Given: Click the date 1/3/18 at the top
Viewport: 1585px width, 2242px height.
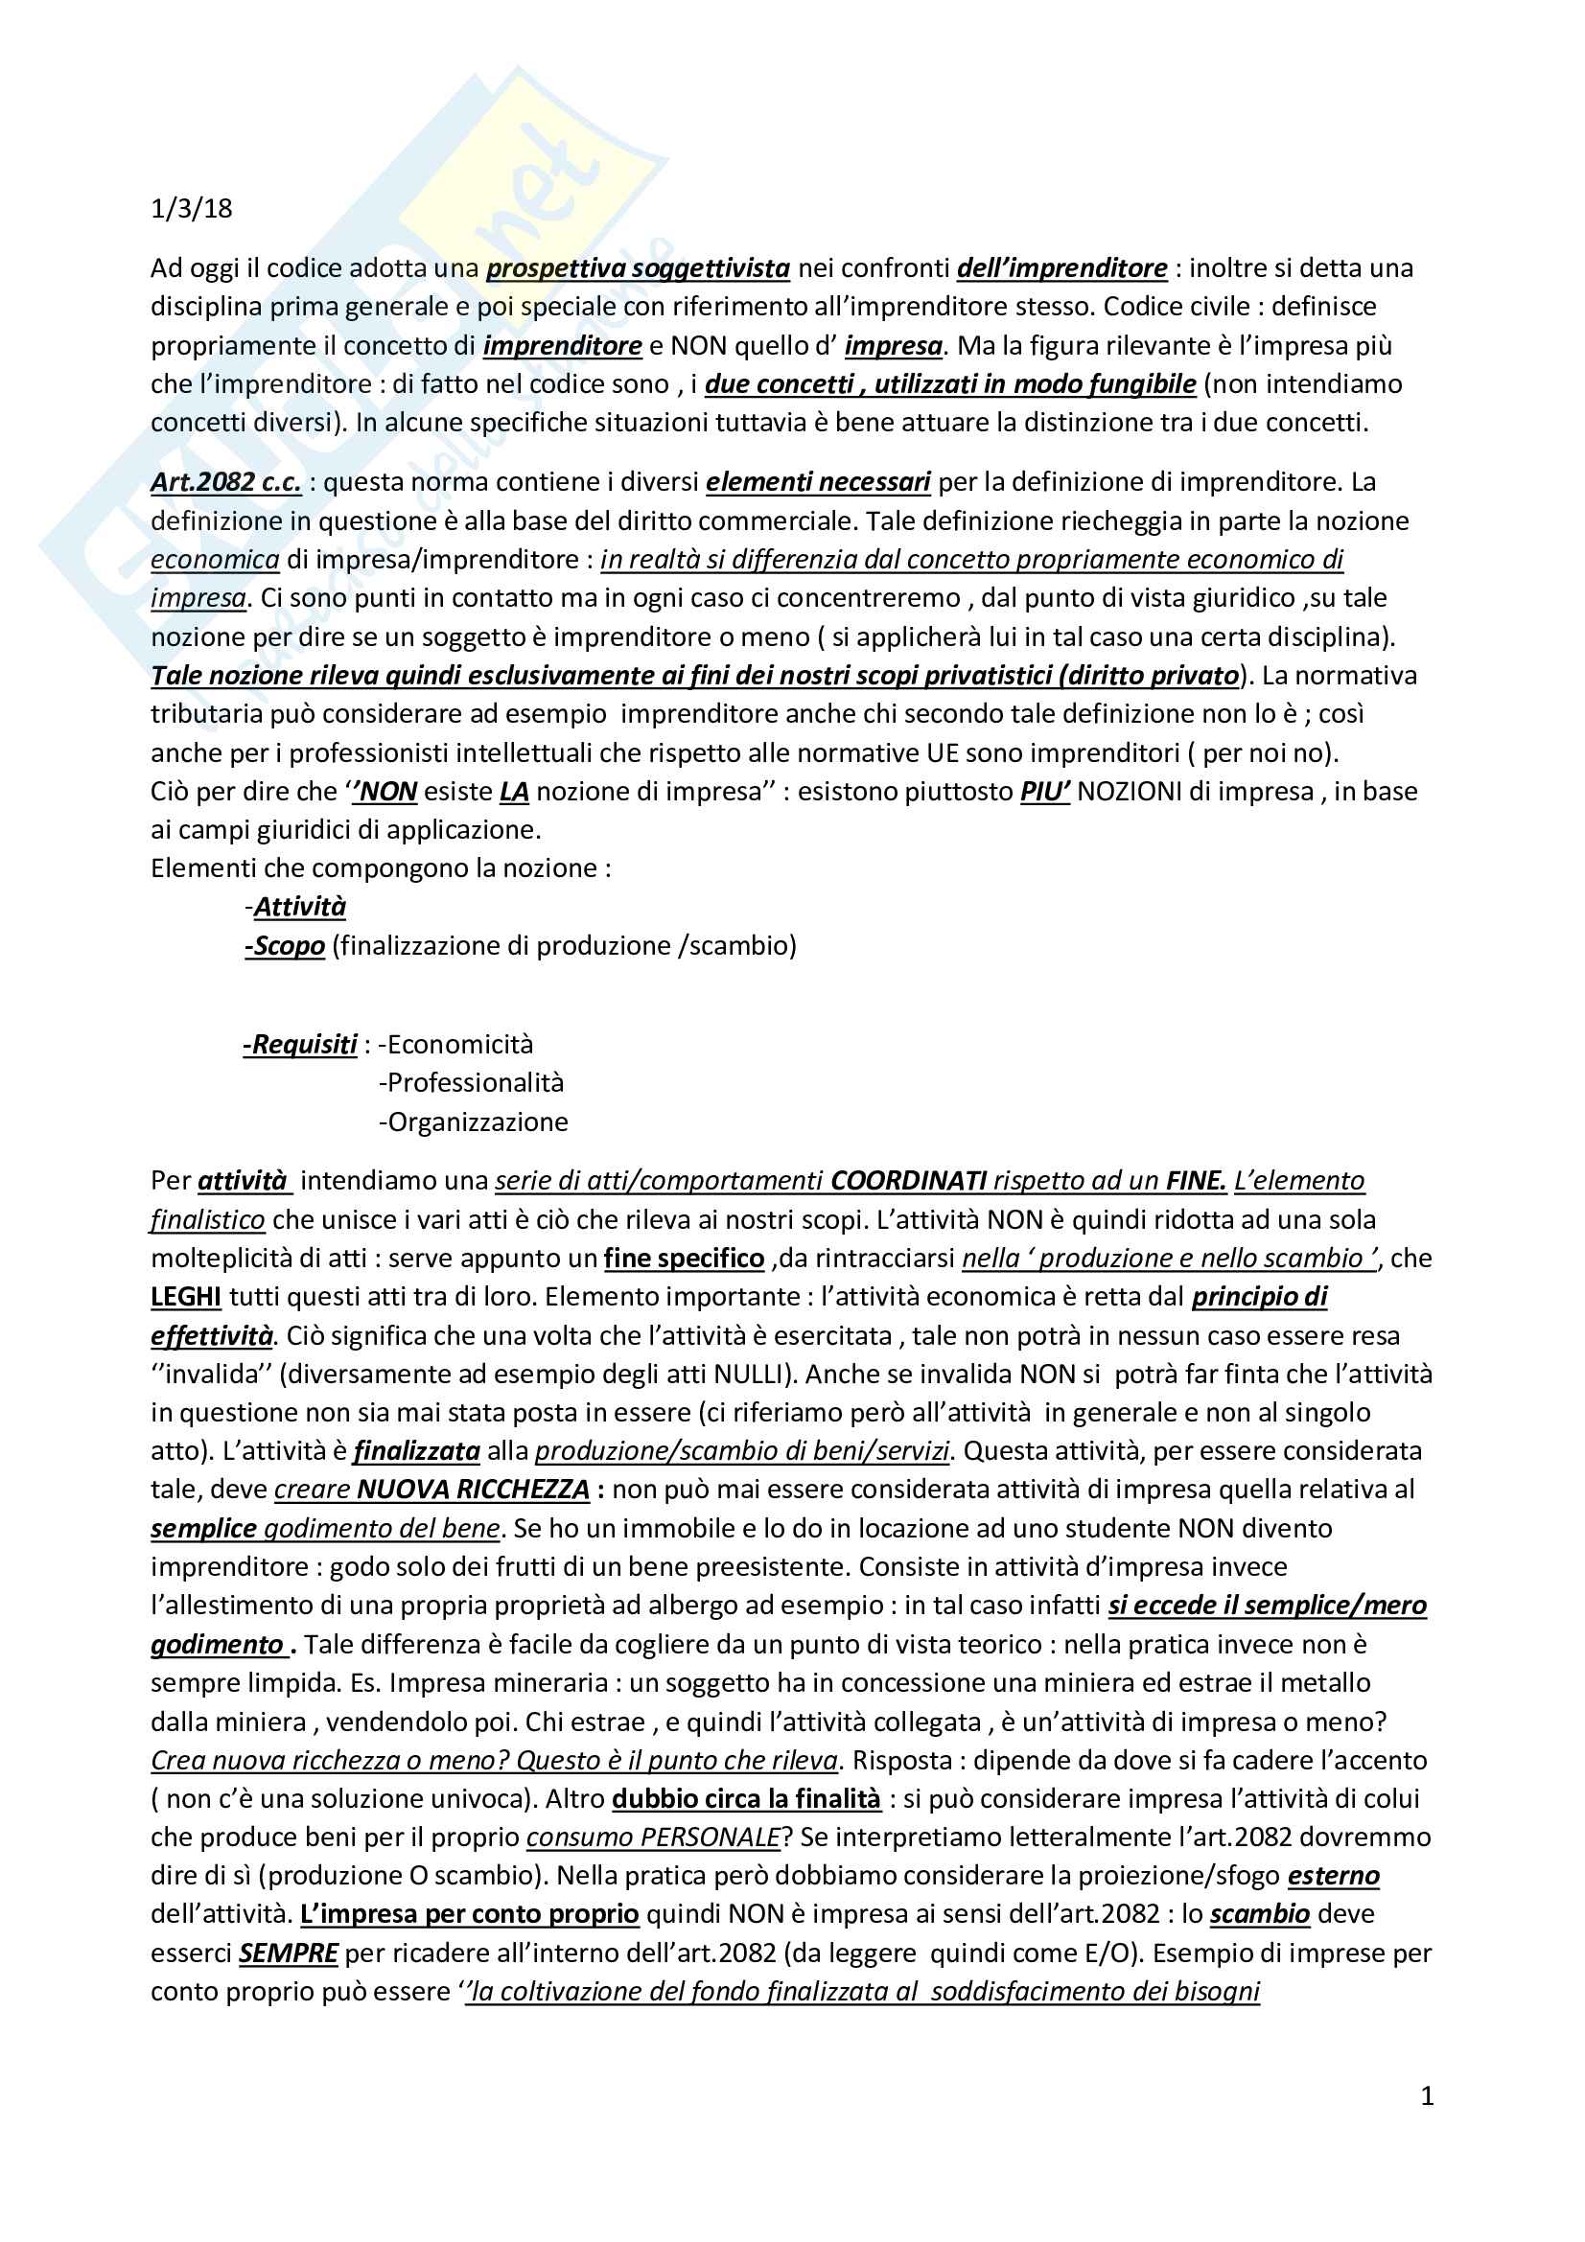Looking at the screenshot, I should tap(192, 209).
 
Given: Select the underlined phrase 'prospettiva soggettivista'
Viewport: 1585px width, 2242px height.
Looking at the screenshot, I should tap(638, 267).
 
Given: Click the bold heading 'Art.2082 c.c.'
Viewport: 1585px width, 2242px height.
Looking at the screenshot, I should tap(225, 481).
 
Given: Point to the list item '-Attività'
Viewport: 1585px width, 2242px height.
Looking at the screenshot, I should tap(297, 907).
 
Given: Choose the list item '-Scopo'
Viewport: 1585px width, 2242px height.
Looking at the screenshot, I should tap(285, 945).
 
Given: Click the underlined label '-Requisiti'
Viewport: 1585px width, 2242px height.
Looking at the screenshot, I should tap(301, 1045).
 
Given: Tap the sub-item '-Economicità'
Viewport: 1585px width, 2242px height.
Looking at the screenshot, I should tap(456, 1045).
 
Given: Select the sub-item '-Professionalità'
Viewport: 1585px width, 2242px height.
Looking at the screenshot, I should tap(472, 1083).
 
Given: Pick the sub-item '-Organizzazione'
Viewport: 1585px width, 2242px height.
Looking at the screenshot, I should tap(474, 1122).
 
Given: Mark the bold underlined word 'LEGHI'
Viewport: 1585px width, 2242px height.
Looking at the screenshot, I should tap(186, 1297).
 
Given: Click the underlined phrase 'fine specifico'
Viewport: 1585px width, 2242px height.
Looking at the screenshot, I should tap(684, 1259).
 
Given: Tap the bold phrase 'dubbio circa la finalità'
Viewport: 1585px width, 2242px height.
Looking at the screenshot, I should tap(746, 1798).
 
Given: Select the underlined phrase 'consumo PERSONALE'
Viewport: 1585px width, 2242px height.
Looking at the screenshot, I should tap(653, 1838).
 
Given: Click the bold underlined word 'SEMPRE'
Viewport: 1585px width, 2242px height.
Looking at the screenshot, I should tap(288, 1953).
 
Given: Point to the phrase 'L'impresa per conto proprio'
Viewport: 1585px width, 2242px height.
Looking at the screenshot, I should tap(470, 1915).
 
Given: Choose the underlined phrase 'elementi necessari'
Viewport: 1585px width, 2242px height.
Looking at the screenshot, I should tap(817, 481).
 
